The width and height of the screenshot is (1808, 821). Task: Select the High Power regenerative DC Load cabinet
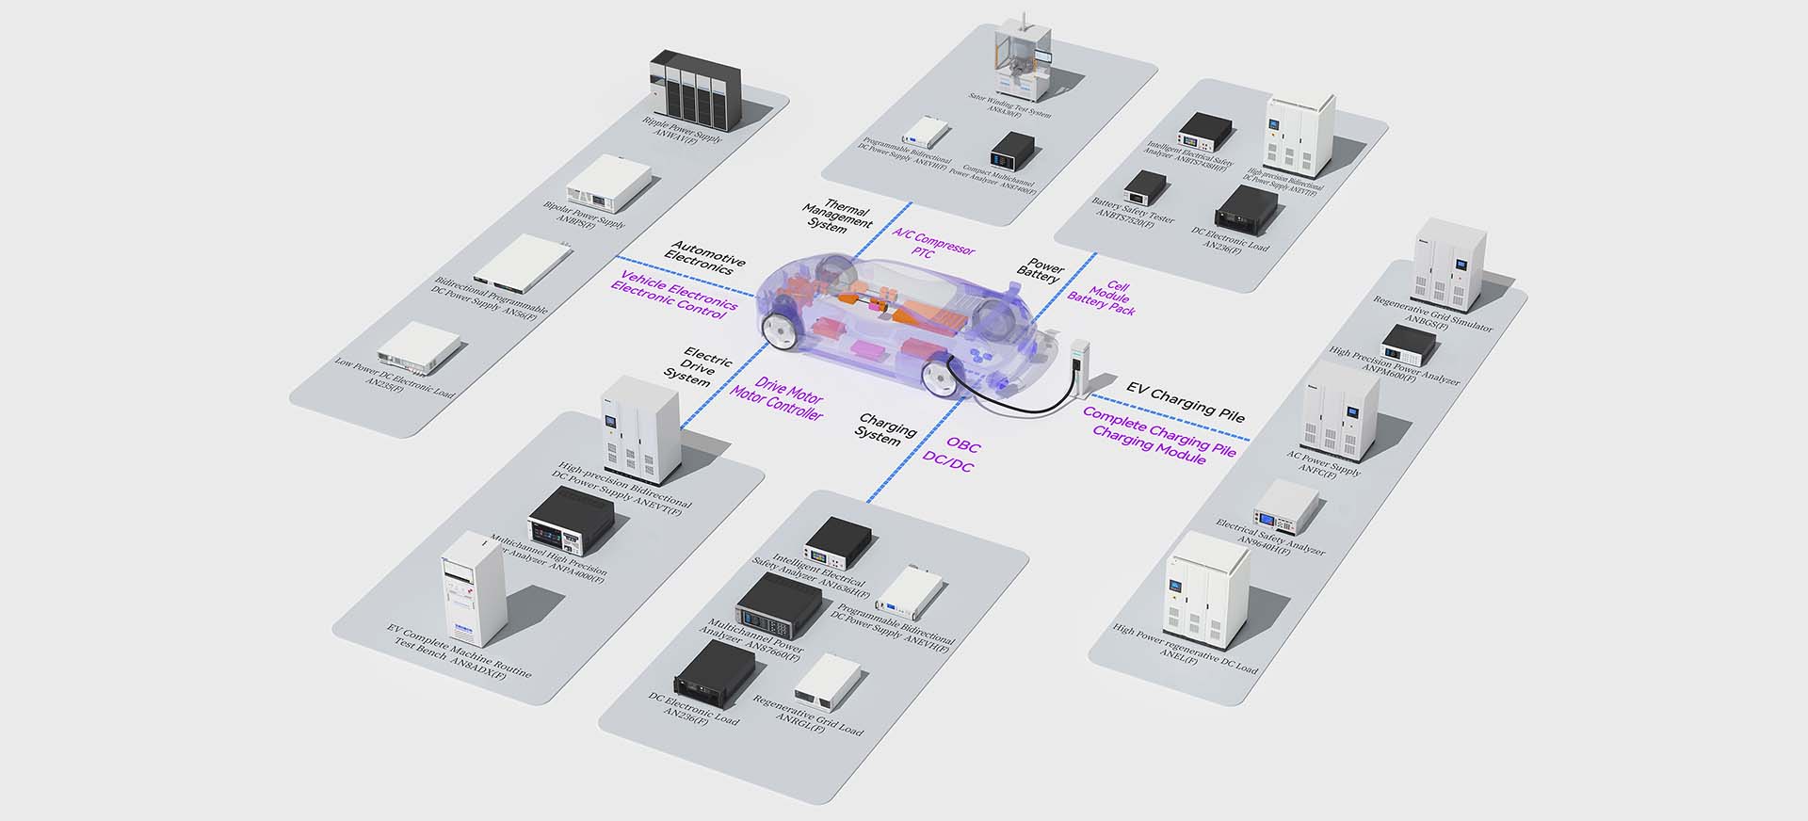1207,590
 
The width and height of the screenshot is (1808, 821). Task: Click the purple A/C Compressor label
932,239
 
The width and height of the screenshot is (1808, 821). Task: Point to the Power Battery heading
1041,271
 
